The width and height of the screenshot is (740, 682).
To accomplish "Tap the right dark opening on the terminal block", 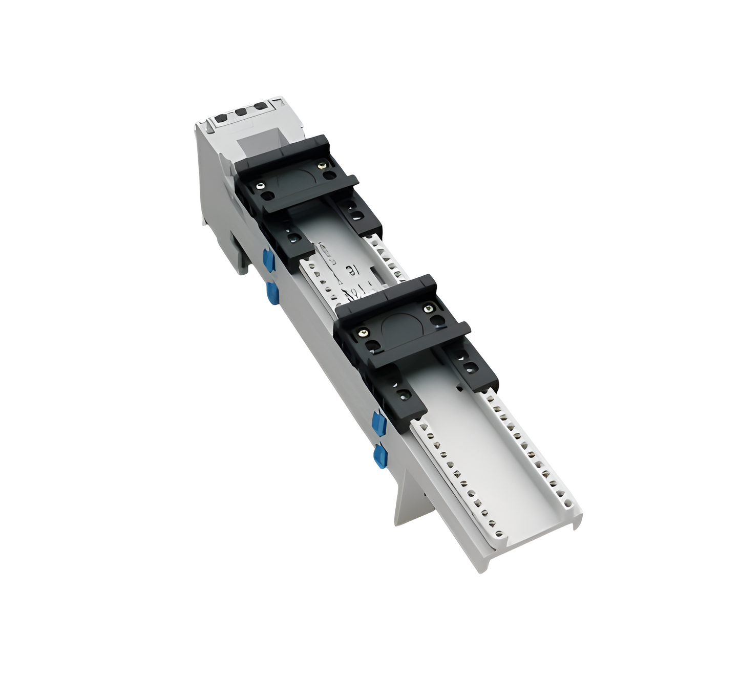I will [x=260, y=106].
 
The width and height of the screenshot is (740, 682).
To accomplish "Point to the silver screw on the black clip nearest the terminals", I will [x=261, y=185].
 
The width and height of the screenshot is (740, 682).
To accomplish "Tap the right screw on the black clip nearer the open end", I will [x=428, y=308].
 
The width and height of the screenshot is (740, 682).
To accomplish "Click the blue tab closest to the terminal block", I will [x=268, y=258].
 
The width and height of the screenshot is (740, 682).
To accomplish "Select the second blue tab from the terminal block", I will [x=272, y=294].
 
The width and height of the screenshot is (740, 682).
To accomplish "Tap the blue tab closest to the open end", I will [x=379, y=455].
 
